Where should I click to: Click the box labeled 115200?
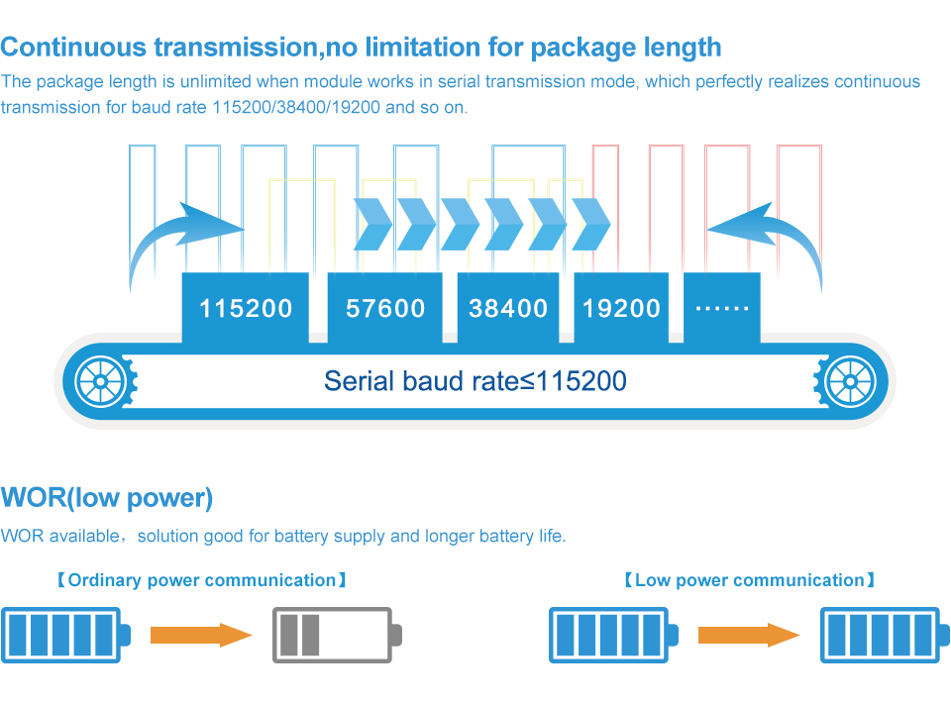coord(246,308)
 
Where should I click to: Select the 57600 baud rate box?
coord(385,308)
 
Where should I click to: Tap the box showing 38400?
coord(508,308)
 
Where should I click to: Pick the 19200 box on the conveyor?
coord(621,308)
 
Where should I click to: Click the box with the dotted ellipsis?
coord(722,308)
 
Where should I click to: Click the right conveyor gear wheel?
coord(850,381)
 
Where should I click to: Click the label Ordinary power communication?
coord(202,580)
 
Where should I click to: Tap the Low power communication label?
coord(749,580)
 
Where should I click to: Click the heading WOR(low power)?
coord(107,497)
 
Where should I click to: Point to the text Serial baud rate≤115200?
coord(475,381)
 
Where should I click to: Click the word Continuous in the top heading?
coord(75,47)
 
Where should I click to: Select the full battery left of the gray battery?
coord(65,635)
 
